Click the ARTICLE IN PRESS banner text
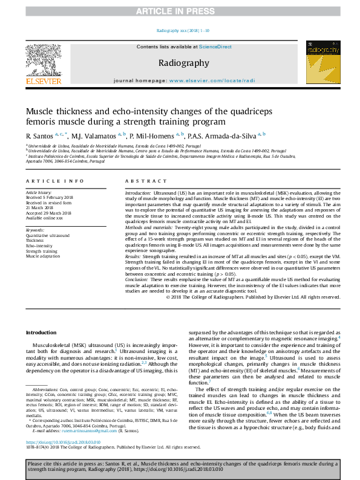click(x=180, y=11)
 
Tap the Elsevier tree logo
click(x=43, y=59)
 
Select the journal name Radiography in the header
click(x=183, y=63)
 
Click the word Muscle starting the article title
click(x=43, y=112)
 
